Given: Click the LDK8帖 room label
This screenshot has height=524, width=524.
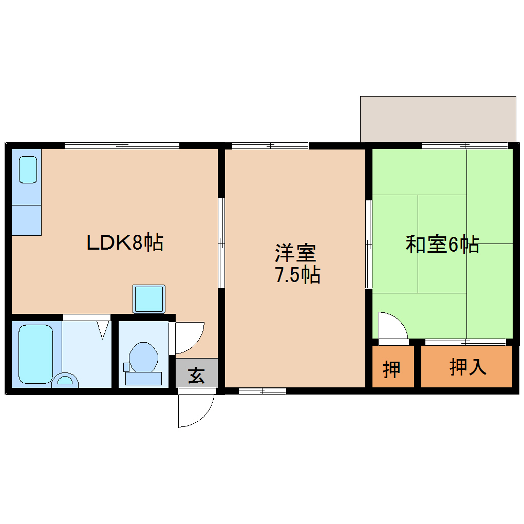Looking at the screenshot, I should point(125,242).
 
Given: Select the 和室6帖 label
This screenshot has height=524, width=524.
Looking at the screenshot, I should point(442,245).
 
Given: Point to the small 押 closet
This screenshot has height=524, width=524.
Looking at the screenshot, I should point(392,368).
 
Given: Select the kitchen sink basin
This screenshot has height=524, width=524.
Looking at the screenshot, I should point(28,170).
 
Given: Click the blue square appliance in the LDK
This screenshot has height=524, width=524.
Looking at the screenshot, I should point(149,299).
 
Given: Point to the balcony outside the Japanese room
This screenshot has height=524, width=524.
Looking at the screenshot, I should point(438,118).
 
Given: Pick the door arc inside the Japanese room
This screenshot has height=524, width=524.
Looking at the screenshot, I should point(392,326).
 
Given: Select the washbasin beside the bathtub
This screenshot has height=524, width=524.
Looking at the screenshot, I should point(65,381).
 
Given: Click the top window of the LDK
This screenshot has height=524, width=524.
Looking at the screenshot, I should point(122,145).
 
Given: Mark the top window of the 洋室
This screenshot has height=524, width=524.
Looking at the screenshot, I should point(270,146).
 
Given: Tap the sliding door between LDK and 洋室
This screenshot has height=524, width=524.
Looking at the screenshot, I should point(221,242).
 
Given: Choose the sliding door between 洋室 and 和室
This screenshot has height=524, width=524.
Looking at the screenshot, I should point(369,245).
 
